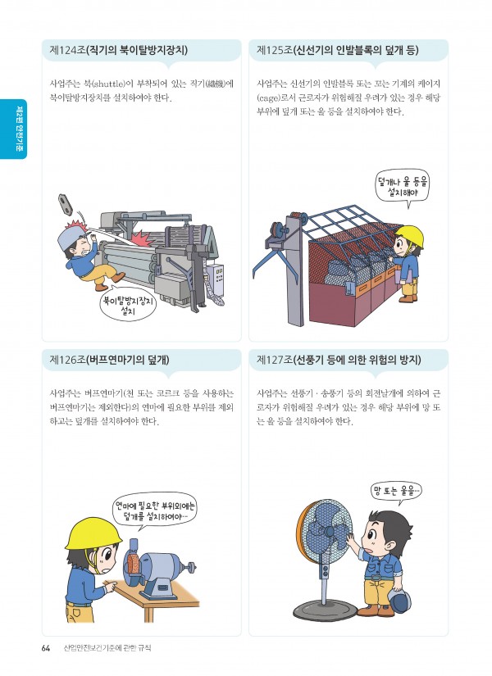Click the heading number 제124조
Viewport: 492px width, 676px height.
67,51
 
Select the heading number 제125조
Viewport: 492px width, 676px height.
274,51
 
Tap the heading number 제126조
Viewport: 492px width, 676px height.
67,360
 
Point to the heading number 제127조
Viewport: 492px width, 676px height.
274,360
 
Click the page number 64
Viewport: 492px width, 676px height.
46,648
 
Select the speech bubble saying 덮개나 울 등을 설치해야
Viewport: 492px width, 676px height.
403,187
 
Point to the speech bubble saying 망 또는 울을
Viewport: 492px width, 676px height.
396,492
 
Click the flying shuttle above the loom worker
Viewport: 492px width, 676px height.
65,203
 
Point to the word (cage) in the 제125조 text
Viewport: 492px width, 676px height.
268,98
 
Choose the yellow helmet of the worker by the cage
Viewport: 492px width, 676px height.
409,236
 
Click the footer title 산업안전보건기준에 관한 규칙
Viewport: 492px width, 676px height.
107,648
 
